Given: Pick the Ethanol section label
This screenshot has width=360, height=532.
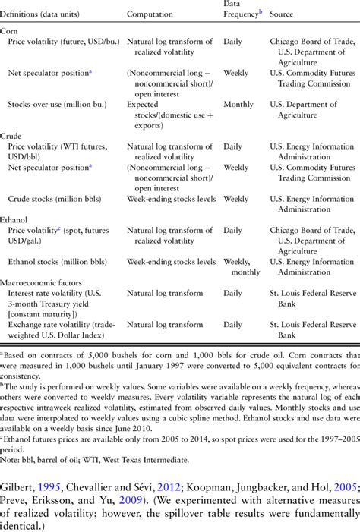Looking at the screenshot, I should (x=14, y=217).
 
